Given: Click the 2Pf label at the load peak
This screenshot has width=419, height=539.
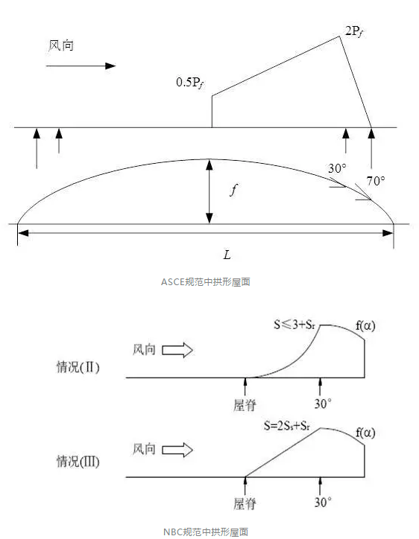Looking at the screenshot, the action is click(354, 32).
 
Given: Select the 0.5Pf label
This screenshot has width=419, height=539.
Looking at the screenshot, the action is click(190, 83).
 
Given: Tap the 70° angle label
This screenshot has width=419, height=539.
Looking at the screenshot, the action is click(376, 181).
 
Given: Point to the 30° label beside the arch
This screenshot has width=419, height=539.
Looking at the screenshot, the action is click(337, 168).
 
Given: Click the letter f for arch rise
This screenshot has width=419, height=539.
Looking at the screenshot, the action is click(234, 189).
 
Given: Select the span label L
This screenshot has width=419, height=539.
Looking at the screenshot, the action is click(227, 255).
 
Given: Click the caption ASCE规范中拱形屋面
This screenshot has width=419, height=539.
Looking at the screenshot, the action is click(206, 282).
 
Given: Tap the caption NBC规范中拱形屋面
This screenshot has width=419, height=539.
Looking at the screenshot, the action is click(206, 532).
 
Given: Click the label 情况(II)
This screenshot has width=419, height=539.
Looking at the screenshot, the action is click(78, 367).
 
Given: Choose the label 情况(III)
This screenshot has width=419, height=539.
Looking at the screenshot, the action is click(78, 461).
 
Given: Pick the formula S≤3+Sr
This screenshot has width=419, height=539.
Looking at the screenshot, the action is click(294, 325).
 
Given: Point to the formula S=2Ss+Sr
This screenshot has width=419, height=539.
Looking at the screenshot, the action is click(287, 426).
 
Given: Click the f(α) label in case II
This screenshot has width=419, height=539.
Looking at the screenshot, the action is click(365, 325).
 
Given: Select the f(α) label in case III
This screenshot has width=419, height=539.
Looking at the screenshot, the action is click(365, 433).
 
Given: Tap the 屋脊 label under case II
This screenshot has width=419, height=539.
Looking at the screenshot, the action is click(245, 405).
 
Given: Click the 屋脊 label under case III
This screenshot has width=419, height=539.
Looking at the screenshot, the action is click(245, 504).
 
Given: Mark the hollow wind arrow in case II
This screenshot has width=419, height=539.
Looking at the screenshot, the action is click(177, 351).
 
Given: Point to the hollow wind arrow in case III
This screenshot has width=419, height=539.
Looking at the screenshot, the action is click(177, 450).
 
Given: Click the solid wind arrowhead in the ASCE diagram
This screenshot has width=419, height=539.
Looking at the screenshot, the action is click(110, 66).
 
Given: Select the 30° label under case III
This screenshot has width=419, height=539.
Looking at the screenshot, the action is click(323, 503).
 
